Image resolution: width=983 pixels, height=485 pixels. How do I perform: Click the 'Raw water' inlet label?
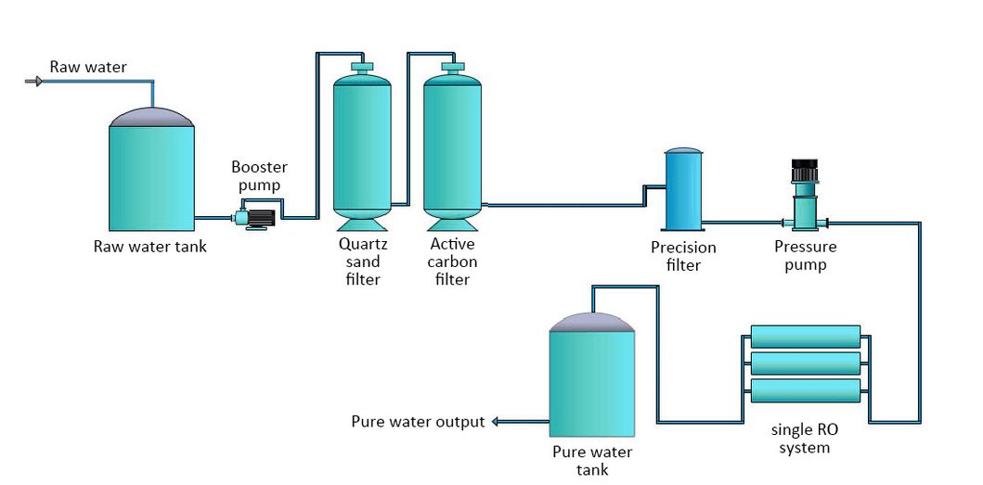pyautogui.click(x=88, y=67)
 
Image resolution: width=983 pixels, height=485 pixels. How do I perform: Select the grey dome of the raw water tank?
pyautogui.click(x=152, y=117)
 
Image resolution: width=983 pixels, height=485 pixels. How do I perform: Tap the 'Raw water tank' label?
pyautogui.click(x=149, y=247)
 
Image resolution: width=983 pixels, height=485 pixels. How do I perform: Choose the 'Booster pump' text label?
pyautogui.click(x=259, y=176)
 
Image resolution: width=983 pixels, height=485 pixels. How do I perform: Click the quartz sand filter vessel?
pyautogui.click(x=362, y=144)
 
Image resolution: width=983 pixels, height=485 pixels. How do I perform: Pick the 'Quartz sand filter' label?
pyautogui.click(x=362, y=262)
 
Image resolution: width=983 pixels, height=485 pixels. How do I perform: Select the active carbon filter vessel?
pyautogui.click(x=453, y=144)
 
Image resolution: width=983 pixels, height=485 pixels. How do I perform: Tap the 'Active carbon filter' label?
pyautogui.click(x=453, y=262)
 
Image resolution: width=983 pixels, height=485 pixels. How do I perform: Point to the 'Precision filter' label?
pyautogui.click(x=683, y=256)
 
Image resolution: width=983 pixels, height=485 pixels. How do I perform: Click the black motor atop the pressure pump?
pyautogui.click(x=803, y=172)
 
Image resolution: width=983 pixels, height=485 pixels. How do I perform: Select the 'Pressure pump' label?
pyautogui.click(x=805, y=256)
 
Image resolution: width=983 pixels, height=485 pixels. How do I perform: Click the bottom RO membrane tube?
pyautogui.click(x=805, y=390)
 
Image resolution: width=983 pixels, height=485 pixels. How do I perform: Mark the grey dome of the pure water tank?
pyautogui.click(x=592, y=322)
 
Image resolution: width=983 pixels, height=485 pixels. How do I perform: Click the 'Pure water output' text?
pyautogui.click(x=418, y=422)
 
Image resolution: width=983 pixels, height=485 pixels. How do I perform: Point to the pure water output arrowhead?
pyautogui.click(x=495, y=422)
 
